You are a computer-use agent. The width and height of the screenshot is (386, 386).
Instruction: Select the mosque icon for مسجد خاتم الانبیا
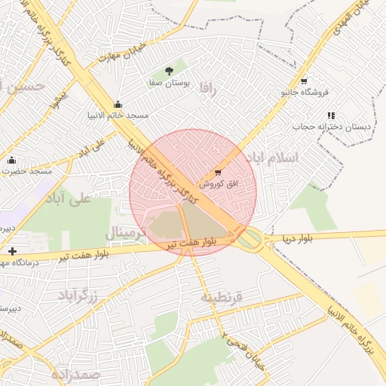[118, 105]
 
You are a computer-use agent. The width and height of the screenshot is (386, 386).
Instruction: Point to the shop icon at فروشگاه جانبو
[303, 81]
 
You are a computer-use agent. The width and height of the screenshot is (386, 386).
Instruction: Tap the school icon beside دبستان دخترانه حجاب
[331, 115]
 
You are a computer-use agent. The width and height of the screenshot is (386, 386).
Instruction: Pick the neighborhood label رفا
[208, 89]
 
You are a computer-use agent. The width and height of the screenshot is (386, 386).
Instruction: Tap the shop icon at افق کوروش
[219, 173]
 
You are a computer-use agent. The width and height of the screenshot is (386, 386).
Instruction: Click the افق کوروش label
[218, 184]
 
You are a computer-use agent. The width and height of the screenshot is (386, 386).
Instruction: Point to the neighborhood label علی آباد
[68, 198]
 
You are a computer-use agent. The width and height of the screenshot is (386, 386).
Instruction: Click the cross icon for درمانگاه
[11, 251]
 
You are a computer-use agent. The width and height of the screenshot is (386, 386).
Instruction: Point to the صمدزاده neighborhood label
[75, 373]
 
